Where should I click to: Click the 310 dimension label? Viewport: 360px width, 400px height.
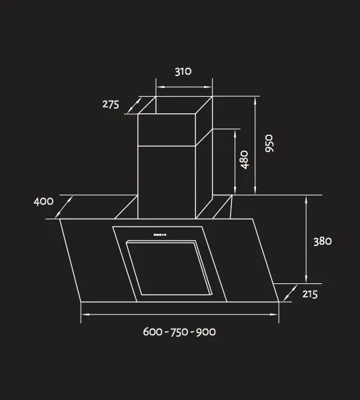(183, 72)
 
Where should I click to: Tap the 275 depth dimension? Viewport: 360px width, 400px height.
(111, 104)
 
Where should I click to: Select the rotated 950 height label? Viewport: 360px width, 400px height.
(269, 144)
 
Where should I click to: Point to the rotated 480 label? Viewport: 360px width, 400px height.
(245, 160)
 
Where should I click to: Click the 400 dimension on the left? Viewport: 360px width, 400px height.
(43, 201)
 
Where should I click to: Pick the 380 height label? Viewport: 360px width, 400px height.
(323, 241)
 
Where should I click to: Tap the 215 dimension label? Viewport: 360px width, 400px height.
(310, 294)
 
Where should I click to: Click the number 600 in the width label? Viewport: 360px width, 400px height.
(154, 331)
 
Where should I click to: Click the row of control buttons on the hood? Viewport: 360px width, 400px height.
(160, 234)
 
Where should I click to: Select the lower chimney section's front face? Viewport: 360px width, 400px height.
(166, 181)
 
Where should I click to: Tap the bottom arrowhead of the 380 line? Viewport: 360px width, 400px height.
(306, 280)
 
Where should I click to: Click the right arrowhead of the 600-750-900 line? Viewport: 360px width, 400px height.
(276, 314)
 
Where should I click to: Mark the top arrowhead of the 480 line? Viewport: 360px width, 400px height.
(235, 131)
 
